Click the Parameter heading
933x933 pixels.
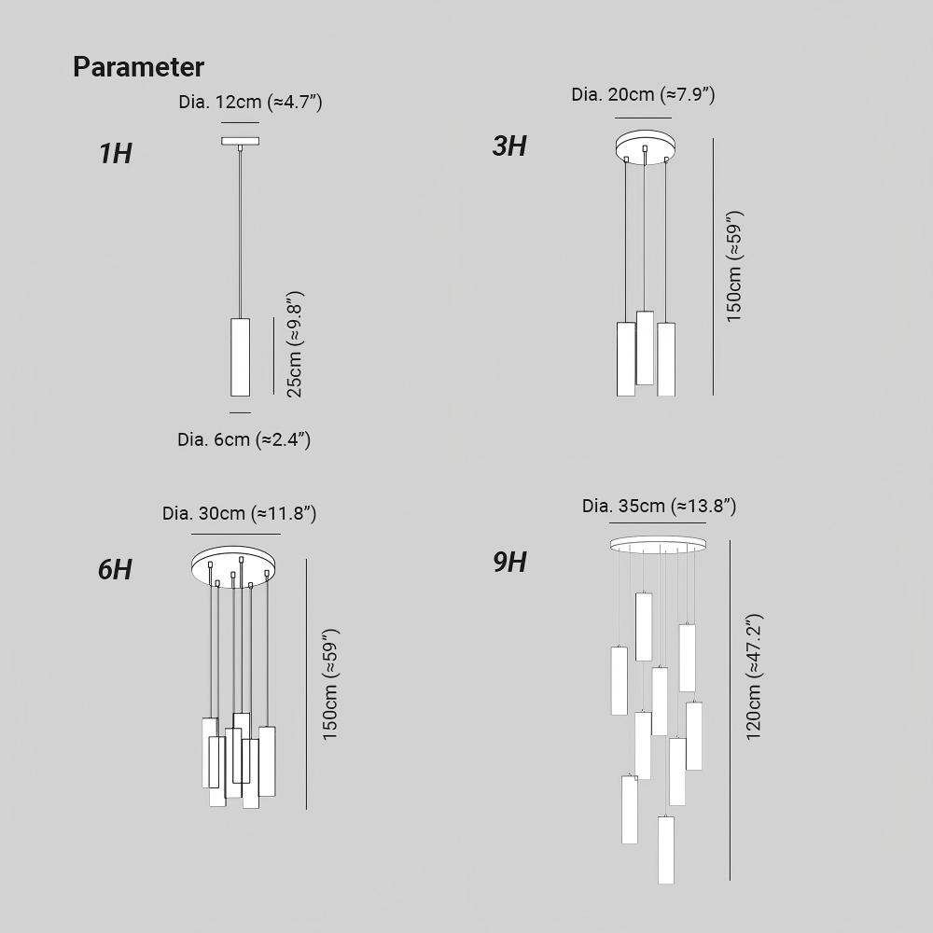tap(138, 66)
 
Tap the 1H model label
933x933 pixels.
tap(115, 153)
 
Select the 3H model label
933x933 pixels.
tap(509, 146)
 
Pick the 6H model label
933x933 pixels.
tap(115, 569)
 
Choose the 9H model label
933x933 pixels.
tap(510, 563)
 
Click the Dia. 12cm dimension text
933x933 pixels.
tap(250, 102)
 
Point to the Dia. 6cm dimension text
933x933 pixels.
tap(244, 439)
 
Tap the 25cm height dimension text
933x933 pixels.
tap(295, 344)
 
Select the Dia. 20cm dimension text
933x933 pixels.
tap(643, 94)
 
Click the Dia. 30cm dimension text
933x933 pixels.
tap(239, 513)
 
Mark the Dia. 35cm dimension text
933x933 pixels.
tap(660, 506)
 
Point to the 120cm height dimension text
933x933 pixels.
tap(754, 677)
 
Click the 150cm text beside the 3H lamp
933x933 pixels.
tap(734, 267)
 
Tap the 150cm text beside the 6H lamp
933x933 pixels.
tap(329, 684)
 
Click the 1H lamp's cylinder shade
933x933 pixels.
tap(241, 357)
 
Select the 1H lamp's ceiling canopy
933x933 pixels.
tap(241, 141)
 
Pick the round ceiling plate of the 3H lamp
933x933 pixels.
tap(646, 146)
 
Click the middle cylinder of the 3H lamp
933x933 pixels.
tap(645, 348)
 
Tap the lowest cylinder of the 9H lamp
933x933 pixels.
tap(666, 850)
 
